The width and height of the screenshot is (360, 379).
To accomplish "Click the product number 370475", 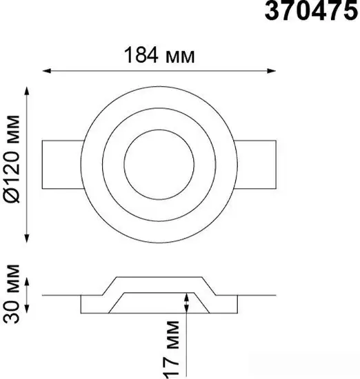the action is [x=311, y=10].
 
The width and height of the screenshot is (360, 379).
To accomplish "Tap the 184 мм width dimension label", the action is [x=159, y=55].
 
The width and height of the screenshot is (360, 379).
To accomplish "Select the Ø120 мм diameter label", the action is [x=11, y=159].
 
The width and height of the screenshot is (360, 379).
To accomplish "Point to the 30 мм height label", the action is [x=11, y=294].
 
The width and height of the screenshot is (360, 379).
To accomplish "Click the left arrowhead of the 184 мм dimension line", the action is [x=46, y=71].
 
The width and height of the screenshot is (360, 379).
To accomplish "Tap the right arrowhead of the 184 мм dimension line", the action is [x=272, y=71].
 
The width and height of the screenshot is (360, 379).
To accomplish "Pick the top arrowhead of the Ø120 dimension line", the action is [x=27, y=91].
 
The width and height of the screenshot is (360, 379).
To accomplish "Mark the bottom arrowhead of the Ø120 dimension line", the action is [x=27, y=238].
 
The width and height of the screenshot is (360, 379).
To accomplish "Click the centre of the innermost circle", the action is [x=159, y=165].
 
